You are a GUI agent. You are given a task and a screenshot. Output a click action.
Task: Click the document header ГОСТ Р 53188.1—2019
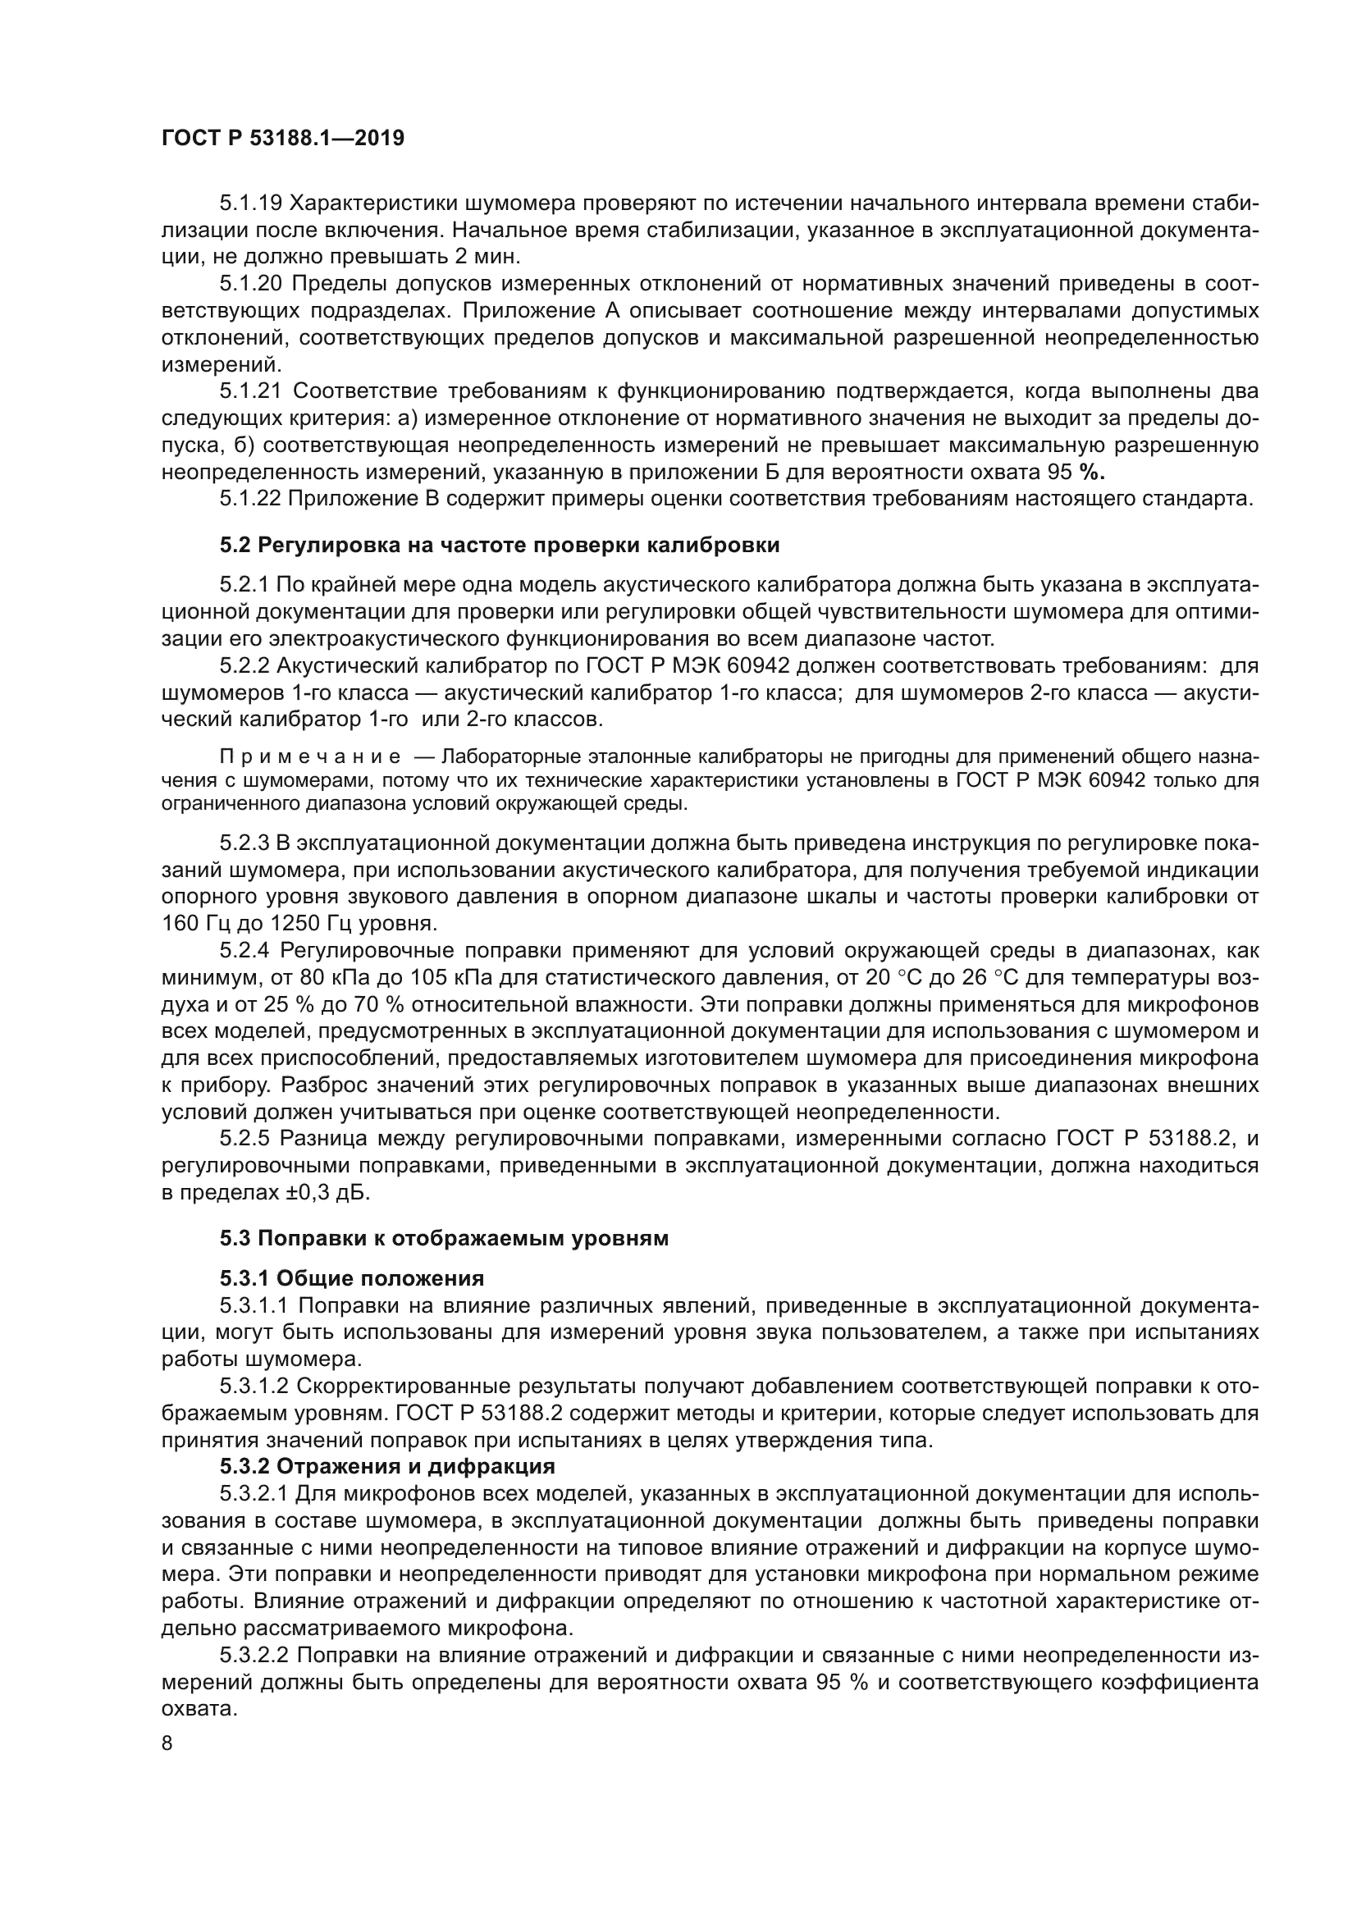pos(282,139)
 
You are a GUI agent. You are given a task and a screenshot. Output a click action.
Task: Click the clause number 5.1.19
pos(254,204)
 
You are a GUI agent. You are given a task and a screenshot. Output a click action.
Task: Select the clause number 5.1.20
pos(254,284)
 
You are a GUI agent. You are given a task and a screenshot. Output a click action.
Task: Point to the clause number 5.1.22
pos(254,499)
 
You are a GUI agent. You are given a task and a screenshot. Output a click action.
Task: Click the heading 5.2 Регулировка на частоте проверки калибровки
pos(499,546)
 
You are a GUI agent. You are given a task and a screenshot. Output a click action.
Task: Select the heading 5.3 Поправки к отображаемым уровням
pos(444,1239)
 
